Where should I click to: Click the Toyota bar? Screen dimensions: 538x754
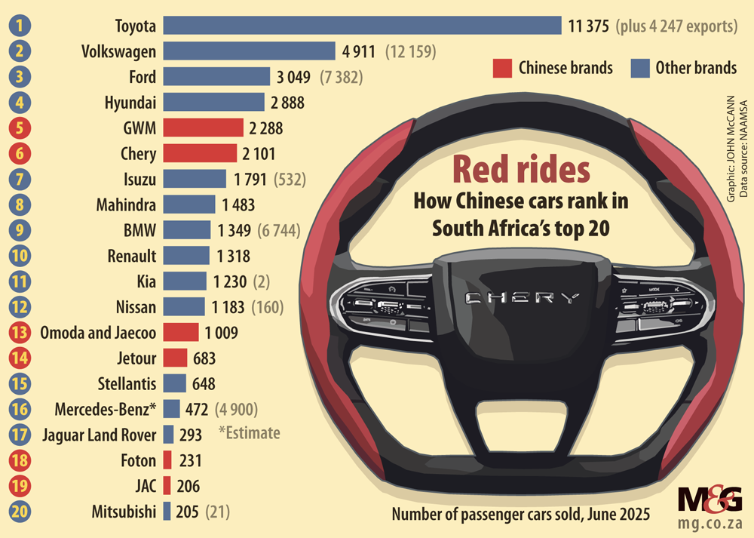point(362,26)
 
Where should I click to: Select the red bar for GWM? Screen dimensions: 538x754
point(203,128)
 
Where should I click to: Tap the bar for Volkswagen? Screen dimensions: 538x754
point(249,51)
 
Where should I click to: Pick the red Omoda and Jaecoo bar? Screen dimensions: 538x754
point(181,333)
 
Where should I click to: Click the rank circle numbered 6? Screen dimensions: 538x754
point(20,154)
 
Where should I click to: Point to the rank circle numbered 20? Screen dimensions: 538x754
point(20,512)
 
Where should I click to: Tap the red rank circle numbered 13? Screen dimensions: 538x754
point(20,333)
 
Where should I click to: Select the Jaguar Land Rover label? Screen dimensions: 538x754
point(100,435)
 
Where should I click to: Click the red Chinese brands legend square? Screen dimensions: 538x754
point(503,68)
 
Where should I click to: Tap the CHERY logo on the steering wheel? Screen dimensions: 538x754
point(523,297)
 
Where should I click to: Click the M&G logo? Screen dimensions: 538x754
point(710,500)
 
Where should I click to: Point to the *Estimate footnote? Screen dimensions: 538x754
point(249,433)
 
